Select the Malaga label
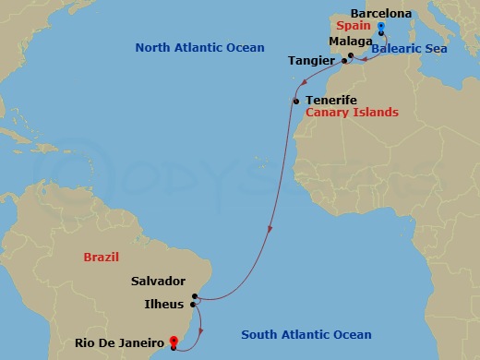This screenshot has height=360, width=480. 350,42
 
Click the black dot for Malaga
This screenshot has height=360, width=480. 351,56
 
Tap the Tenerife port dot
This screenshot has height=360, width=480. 295,101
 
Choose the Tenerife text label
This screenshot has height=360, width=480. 330,100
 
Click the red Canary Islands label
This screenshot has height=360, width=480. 352,113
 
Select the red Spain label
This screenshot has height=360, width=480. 354,26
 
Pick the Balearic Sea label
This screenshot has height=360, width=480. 409,48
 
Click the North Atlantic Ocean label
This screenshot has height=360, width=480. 199,47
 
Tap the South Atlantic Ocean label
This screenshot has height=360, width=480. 306,335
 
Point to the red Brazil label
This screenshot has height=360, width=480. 102,256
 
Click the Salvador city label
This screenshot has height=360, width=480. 159,282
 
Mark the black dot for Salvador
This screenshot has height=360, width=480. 195,296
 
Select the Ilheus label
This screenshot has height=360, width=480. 164,303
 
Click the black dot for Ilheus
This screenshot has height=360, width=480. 192,304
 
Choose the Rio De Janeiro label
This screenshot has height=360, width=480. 120,343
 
